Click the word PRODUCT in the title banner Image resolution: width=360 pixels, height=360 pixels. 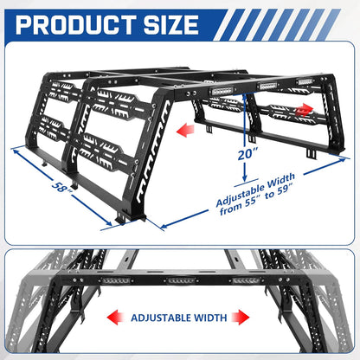pyautogui.click(x=76, y=24)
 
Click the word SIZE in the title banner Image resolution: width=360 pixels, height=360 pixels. pyautogui.click(x=171, y=24)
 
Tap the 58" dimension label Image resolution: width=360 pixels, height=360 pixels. pyautogui.click(x=62, y=187)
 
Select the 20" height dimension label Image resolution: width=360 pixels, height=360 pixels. pyautogui.click(x=247, y=154)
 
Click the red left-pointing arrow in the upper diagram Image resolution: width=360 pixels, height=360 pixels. pyautogui.click(x=185, y=130)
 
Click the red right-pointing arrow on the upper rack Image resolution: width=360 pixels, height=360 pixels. pyautogui.click(x=304, y=110)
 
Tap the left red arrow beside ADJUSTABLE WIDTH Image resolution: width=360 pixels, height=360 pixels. pyautogui.click(x=116, y=318)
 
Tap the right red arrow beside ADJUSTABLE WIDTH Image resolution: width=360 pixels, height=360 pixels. pyautogui.click(x=241, y=318)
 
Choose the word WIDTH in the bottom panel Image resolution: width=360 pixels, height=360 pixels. pyautogui.click(x=210, y=318)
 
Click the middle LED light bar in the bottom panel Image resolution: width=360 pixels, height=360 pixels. pyautogui.click(x=181, y=280)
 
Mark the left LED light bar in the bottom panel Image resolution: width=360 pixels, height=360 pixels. pyautogui.click(x=115, y=280)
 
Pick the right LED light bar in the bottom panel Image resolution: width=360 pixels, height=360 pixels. pyautogui.click(x=246, y=280)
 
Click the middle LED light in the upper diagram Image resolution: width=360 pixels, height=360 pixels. pyautogui.click(x=268, y=86)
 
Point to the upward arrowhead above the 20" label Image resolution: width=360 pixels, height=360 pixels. pyautogui.click(x=245, y=97)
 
